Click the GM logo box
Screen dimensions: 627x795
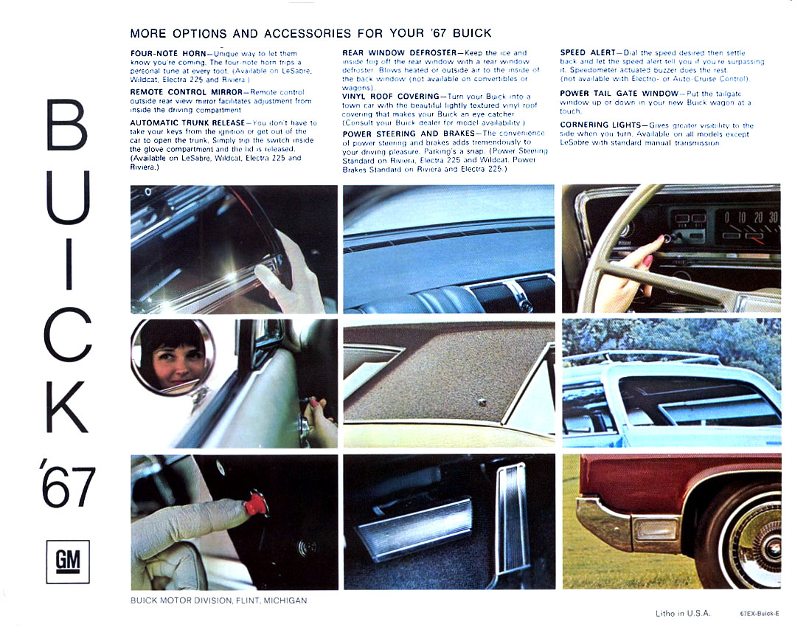[67, 561]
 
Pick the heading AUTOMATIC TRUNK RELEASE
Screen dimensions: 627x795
[190, 122]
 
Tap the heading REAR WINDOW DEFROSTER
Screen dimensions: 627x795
[399, 53]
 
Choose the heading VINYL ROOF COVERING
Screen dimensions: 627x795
[389, 97]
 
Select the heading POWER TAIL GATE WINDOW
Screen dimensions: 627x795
[619, 94]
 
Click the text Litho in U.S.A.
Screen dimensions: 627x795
[684, 613]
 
